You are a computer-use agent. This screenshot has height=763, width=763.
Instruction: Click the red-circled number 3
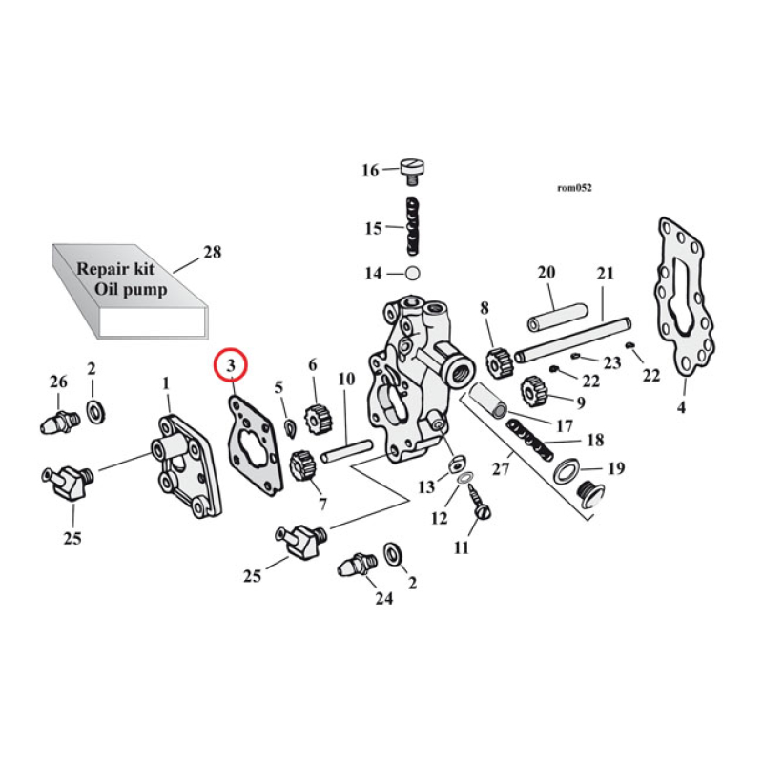tap(231, 363)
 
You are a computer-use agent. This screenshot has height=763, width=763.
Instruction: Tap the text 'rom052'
tap(574, 188)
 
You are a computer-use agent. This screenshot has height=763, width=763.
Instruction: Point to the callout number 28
tap(212, 252)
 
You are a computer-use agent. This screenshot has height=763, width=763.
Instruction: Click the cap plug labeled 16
tap(412, 169)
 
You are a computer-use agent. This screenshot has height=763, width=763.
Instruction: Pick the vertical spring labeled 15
tap(412, 227)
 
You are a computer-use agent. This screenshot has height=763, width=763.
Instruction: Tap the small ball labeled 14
tap(412, 274)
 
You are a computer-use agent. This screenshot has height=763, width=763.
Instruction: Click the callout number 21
tap(606, 274)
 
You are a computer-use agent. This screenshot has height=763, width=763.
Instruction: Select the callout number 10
tap(346, 379)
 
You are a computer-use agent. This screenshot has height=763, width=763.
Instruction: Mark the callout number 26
tap(58, 382)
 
